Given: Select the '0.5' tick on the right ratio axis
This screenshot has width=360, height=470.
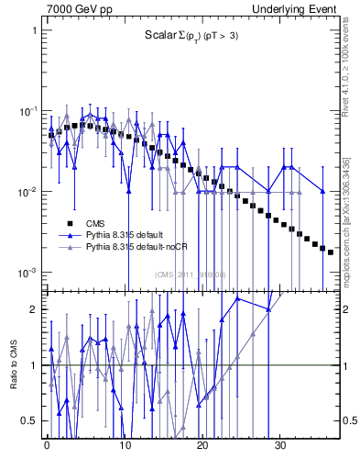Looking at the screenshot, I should tap(348, 420).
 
